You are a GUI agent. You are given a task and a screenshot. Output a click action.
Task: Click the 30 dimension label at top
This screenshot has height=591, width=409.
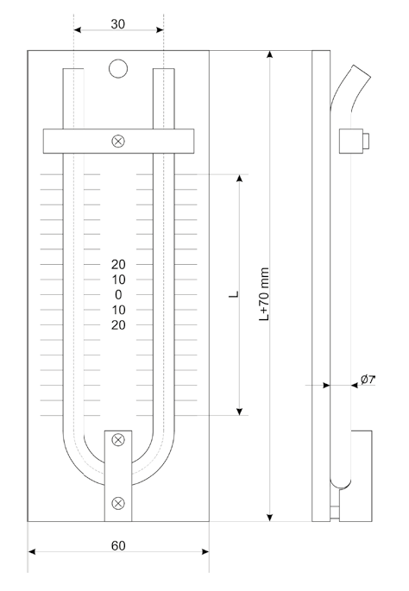point(117,24)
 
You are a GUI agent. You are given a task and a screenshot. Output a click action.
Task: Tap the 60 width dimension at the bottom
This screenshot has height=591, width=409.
point(118,546)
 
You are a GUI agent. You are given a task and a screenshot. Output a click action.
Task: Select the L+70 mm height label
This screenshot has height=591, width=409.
point(264,294)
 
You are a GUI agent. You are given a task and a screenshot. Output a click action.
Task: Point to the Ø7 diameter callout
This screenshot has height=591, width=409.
point(368,379)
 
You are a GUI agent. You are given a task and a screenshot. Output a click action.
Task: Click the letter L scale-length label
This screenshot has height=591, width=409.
point(234,294)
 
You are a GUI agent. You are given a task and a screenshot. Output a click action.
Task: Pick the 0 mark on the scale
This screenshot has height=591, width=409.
point(118,295)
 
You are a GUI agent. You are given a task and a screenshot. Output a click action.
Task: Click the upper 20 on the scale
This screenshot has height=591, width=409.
point(118,265)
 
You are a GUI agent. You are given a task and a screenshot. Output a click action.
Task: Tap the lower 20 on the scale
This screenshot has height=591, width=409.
point(118,325)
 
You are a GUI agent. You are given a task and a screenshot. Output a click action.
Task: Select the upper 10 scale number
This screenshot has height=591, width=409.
point(118,280)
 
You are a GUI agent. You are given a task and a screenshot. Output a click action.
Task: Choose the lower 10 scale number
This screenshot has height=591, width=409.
point(118,310)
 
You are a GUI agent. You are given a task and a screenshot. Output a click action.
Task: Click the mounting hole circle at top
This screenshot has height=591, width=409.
point(118,69)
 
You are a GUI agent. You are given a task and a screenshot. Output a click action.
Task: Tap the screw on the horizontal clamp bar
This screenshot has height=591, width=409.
point(118,141)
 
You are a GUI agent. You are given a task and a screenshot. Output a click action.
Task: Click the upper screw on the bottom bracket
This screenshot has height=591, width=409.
point(118,439)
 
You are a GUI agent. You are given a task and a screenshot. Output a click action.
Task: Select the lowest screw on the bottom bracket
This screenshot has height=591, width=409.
point(118,503)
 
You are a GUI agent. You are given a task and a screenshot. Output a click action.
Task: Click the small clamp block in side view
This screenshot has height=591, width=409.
point(354,141)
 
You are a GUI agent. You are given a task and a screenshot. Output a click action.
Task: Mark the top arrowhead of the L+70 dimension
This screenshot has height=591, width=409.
point(269,54)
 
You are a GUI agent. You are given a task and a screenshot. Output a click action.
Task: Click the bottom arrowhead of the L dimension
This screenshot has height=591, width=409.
point(239,412)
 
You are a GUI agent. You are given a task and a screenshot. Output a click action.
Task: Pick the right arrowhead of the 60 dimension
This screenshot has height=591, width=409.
point(205,552)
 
